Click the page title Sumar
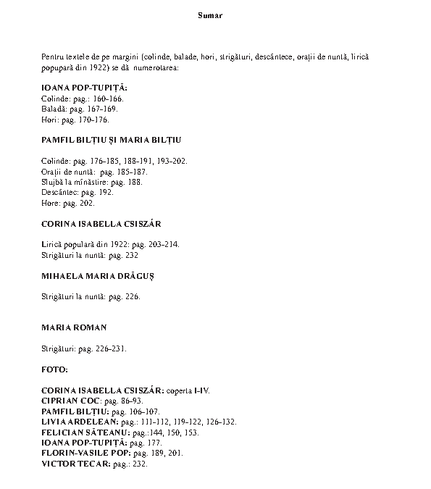tap(210, 15)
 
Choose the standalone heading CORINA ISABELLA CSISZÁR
tap(101, 224)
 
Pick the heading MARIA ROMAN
tap(74, 328)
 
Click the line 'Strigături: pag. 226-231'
tap(84, 348)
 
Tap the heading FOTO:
tap(54, 369)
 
